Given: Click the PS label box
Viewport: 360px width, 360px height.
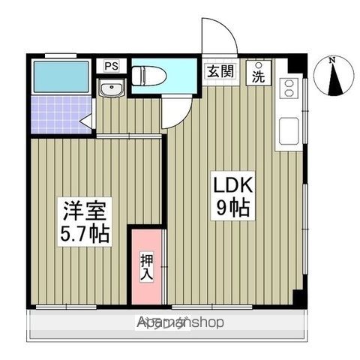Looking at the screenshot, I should [x=112, y=66].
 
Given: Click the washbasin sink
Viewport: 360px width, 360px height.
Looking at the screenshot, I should [x=111, y=91].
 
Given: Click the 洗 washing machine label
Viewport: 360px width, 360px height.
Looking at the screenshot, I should [x=258, y=76].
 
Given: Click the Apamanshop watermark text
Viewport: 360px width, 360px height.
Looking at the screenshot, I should [x=180, y=322].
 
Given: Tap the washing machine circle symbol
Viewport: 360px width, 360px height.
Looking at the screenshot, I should [x=259, y=65].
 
